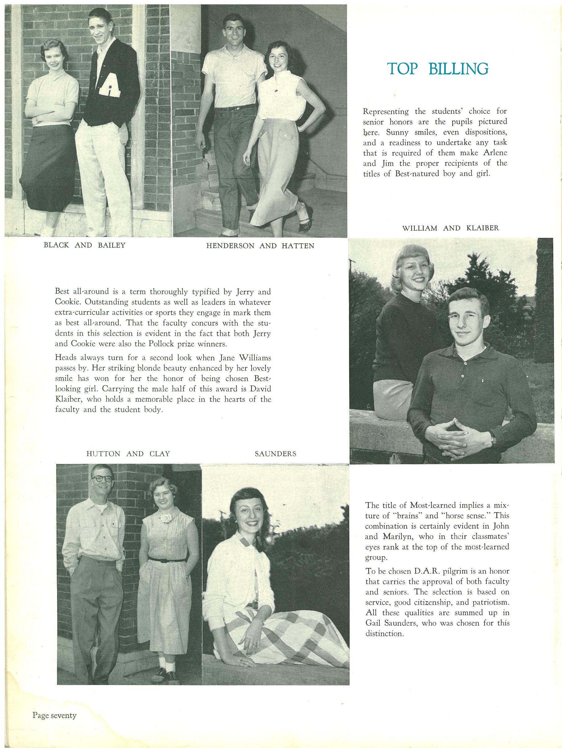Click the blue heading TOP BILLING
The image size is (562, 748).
[x=438, y=69]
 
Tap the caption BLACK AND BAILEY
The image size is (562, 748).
[x=84, y=246]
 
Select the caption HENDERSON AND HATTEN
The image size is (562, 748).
[x=260, y=246]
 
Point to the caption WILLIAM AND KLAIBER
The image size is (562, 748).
[x=450, y=228]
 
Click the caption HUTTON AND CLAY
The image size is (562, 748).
[x=128, y=454]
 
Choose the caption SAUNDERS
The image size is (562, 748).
[x=275, y=454]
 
